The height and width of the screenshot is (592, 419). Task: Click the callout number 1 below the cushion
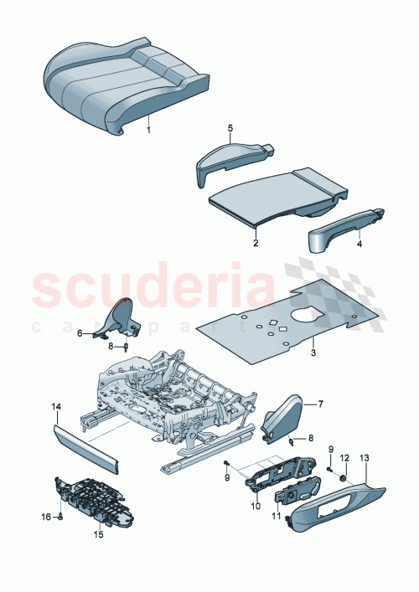149,131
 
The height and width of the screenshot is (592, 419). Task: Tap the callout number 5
229,128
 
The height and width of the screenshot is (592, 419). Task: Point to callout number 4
360,245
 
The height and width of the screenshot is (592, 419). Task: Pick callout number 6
80,333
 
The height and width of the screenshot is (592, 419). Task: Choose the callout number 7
318,404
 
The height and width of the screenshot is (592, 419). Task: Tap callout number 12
344,457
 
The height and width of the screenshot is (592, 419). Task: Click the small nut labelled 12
344,476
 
